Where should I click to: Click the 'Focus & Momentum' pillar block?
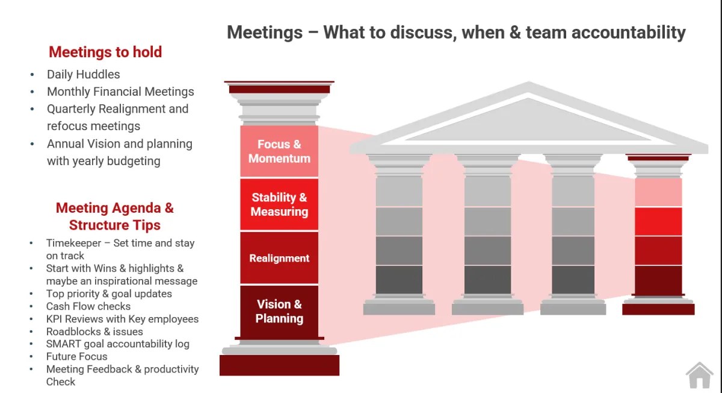click(x=279, y=151)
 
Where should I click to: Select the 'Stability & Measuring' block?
click(x=279, y=204)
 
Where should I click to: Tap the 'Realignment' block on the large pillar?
click(x=279, y=258)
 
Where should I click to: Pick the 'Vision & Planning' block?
click(x=279, y=312)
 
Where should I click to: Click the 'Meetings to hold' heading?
click(x=105, y=52)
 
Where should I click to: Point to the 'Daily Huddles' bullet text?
click(x=83, y=74)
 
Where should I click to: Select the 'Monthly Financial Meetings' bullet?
click(x=120, y=92)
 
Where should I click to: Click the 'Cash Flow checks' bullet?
click(x=88, y=306)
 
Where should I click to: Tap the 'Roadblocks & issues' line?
click(x=94, y=332)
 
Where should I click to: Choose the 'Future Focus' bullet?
click(x=76, y=356)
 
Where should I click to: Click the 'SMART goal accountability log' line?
click(x=117, y=344)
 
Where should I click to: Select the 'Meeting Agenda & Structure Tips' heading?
click(x=114, y=216)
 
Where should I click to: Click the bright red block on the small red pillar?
click(x=658, y=221)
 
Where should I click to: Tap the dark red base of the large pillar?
click(x=279, y=365)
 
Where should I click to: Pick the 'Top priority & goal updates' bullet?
click(x=109, y=294)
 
